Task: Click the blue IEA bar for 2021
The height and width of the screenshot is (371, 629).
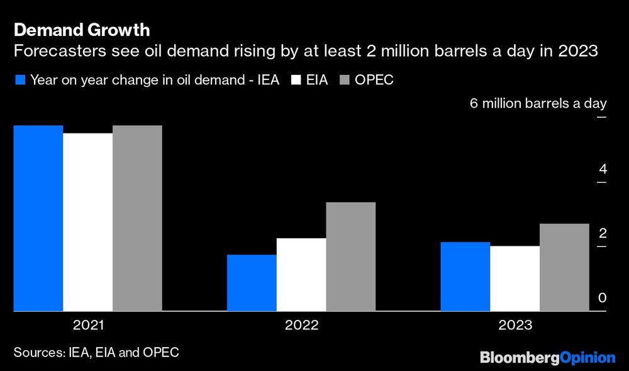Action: click(38, 218)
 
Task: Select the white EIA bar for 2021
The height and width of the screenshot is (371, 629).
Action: click(88, 222)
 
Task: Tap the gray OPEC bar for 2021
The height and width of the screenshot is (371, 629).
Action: click(137, 218)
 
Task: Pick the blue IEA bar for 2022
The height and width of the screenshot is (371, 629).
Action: click(252, 283)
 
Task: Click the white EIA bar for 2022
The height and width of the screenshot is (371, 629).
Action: click(301, 275)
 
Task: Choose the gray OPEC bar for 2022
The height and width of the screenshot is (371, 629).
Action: click(350, 256)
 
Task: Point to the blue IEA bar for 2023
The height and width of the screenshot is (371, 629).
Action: click(465, 277)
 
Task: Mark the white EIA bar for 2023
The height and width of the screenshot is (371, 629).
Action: click(515, 278)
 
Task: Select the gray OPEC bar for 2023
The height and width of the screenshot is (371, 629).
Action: click(564, 267)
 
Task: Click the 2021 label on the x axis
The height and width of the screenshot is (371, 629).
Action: click(89, 326)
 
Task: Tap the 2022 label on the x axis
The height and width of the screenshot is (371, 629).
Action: click(301, 326)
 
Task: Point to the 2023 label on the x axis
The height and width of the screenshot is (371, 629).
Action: click(515, 326)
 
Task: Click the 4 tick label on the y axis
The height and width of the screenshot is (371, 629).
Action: click(603, 169)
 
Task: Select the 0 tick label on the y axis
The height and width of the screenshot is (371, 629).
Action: click(603, 298)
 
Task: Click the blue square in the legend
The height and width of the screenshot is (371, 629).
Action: click(20, 80)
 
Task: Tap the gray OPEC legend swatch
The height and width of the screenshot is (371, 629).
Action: click(344, 80)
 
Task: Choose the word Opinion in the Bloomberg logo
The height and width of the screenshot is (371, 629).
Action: click(587, 358)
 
